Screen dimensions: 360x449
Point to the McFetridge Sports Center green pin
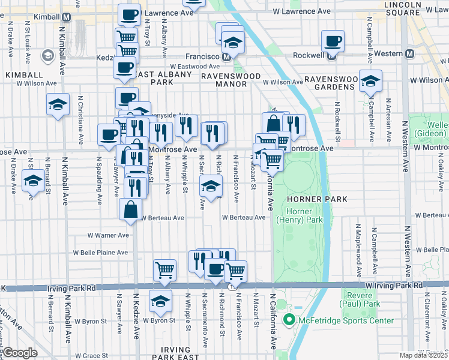pos(289,320)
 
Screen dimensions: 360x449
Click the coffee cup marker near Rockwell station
pos(333,41)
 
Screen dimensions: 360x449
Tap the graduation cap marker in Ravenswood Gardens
pos(370,80)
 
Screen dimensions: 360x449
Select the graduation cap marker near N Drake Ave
pos(33,179)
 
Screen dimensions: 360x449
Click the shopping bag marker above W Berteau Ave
pos(130,209)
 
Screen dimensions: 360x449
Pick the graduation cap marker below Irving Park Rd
pos(160,301)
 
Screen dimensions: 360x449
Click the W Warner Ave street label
pos(108,235)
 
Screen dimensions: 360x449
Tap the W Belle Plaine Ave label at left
pos(101,253)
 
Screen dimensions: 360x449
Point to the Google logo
pos(20,353)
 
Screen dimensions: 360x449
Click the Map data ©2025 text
pos(423,355)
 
